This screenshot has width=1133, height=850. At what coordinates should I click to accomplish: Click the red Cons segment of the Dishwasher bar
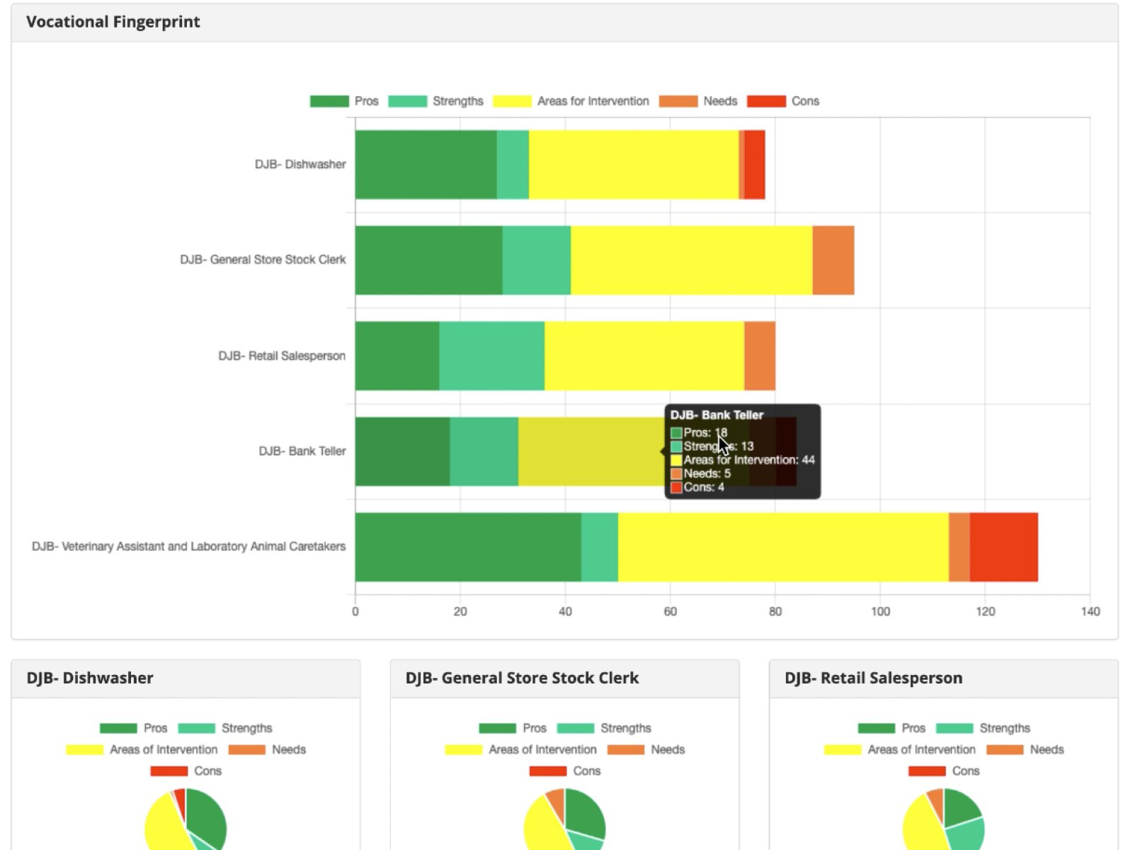pos(754,164)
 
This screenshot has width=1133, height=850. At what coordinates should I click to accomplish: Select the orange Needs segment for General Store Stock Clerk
pos(833,260)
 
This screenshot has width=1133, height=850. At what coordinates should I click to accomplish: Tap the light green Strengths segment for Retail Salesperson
pos(491,356)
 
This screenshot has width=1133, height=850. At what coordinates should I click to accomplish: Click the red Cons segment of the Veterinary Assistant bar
pos(1003,547)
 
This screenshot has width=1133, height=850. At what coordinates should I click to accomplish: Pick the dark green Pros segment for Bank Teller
pos(402,451)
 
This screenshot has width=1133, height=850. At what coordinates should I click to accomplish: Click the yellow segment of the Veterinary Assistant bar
pos(782,547)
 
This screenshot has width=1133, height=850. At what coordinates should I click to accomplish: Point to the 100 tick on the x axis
pos(880,611)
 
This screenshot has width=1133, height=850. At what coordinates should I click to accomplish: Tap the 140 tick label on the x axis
pos(1090,611)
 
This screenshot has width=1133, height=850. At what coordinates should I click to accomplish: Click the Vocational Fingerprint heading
pos(113,22)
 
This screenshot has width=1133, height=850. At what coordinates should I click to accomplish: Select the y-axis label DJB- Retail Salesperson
pos(281,356)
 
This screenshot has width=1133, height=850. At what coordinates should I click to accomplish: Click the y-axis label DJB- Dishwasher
pos(300,164)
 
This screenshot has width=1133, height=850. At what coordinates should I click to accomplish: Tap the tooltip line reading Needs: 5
pos(706,473)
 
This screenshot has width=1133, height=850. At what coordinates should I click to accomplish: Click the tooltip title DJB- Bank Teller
pos(717,415)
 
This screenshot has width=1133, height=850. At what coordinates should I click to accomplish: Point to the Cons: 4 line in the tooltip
pos(703,487)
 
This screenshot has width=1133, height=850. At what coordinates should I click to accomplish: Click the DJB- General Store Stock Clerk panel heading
pos(522,678)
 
